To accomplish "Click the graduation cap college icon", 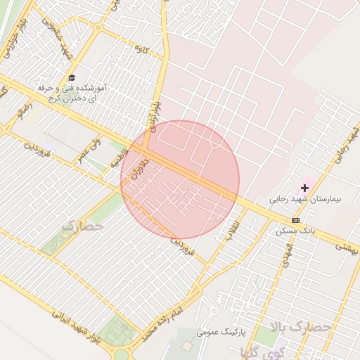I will coord(72,78).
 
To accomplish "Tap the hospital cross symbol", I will coord(304,188).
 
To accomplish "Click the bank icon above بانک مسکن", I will coord(295,220).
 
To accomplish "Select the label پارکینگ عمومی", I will coord(221,331).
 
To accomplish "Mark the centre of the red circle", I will coord(180,180).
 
